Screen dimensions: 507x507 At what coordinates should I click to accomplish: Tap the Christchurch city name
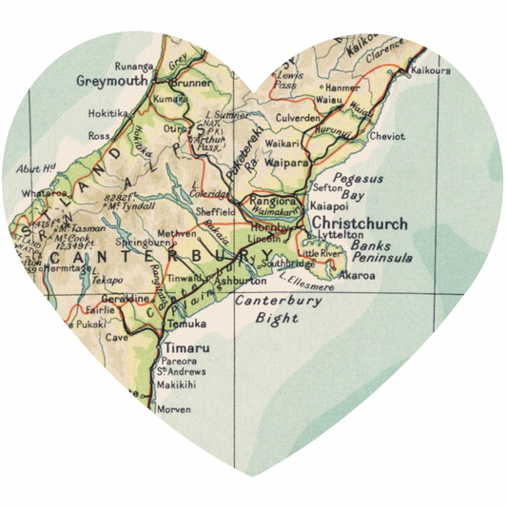360,224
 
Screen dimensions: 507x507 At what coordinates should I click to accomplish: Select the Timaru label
180,348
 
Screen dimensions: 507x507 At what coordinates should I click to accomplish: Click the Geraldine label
127,299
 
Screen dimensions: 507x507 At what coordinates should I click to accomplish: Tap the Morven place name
172,409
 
